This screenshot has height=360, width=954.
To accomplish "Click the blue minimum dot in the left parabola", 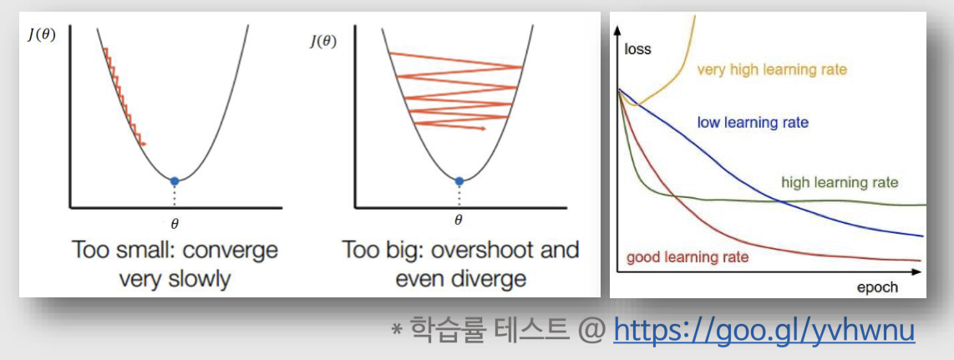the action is click(x=175, y=180).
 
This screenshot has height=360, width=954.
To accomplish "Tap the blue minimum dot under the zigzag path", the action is click(x=459, y=180).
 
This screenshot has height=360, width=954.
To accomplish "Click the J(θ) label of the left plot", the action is click(x=42, y=34).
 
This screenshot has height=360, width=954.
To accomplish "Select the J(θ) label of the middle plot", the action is click(x=324, y=41).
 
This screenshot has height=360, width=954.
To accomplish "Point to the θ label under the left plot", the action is click(x=175, y=224).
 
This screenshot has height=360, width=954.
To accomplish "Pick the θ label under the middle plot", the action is click(x=459, y=221).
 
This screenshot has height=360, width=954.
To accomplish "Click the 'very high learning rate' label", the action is click(x=772, y=70).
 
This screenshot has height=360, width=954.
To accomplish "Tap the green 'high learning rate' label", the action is click(x=840, y=182).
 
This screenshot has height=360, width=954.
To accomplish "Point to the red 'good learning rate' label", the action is click(x=688, y=257).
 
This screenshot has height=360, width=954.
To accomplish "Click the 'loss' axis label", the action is click(x=637, y=48).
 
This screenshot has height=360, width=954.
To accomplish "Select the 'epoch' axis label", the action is click(x=877, y=286).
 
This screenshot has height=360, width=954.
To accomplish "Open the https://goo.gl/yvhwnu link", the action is click(x=764, y=332).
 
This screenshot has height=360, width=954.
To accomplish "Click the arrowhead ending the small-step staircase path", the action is click(x=145, y=144).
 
